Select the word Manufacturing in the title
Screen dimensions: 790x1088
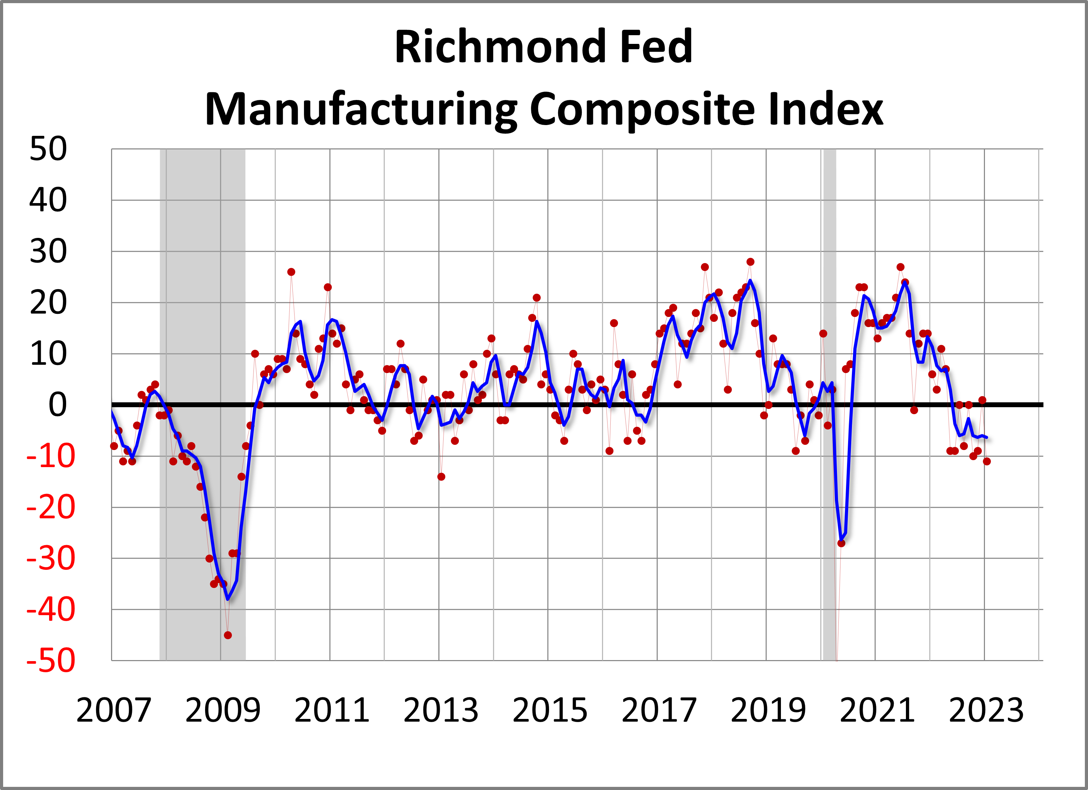361,109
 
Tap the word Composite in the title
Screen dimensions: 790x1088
642,109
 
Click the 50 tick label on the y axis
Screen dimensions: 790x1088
48,149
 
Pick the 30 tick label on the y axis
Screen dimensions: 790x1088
48,251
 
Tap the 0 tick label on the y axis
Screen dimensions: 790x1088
57,405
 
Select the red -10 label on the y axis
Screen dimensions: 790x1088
51,456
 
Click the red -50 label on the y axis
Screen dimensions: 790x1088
51,660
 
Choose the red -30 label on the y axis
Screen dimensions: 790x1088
51,559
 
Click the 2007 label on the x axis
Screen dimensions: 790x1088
114,710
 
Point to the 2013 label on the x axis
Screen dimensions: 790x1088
441,710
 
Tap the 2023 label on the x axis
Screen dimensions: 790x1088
986,710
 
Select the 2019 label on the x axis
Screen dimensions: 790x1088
768,710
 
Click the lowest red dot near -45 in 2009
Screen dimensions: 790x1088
228,635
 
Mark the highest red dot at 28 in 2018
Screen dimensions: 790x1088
750,262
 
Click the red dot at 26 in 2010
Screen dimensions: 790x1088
291,272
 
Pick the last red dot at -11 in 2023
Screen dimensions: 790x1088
987,461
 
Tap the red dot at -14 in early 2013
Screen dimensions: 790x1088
441,477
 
